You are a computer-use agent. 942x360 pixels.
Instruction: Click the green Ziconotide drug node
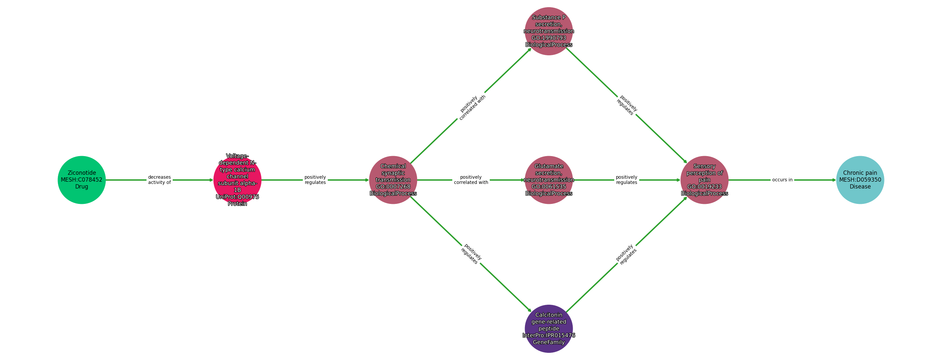pyautogui.click(x=81, y=180)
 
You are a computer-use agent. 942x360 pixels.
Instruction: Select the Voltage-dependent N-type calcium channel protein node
pyautogui.click(x=237, y=180)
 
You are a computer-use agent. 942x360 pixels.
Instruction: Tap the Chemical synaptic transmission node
pyautogui.click(x=393, y=180)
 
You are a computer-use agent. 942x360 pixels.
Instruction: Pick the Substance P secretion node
pyautogui.click(x=549, y=31)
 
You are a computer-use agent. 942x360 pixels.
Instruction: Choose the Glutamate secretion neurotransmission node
pyautogui.click(x=549, y=180)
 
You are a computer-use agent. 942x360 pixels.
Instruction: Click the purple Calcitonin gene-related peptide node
pyautogui.click(x=549, y=329)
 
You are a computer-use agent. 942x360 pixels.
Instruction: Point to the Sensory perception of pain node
pyautogui.click(x=705, y=180)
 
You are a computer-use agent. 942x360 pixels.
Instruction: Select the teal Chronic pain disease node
pyautogui.click(x=860, y=180)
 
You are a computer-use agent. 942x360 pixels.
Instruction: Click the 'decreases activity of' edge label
pyautogui.click(x=159, y=180)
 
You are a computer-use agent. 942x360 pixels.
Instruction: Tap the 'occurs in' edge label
pyautogui.click(x=782, y=180)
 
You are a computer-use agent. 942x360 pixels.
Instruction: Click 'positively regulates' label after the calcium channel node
pyautogui.click(x=315, y=180)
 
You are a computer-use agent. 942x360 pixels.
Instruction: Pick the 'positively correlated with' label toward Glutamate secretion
pyautogui.click(x=471, y=180)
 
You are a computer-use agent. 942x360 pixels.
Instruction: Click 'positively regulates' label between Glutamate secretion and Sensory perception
pyautogui.click(x=626, y=180)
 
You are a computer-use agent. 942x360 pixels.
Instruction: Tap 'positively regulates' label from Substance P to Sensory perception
pyautogui.click(x=627, y=105)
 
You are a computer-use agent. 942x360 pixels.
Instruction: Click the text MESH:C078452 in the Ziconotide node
pyautogui.click(x=81, y=180)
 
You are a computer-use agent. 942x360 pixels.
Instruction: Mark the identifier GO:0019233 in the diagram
pyautogui.click(x=705, y=187)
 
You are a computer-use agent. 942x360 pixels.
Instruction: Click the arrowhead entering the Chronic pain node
pyautogui.click(x=834, y=180)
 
